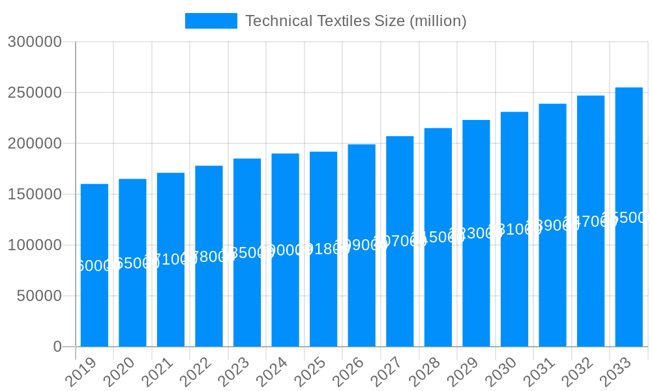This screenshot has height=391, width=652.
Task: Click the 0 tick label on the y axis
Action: (57, 347)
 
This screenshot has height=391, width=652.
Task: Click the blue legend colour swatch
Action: (211, 21)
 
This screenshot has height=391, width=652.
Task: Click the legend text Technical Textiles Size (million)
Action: (355, 21)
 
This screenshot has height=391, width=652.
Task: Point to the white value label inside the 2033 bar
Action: (627, 218)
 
